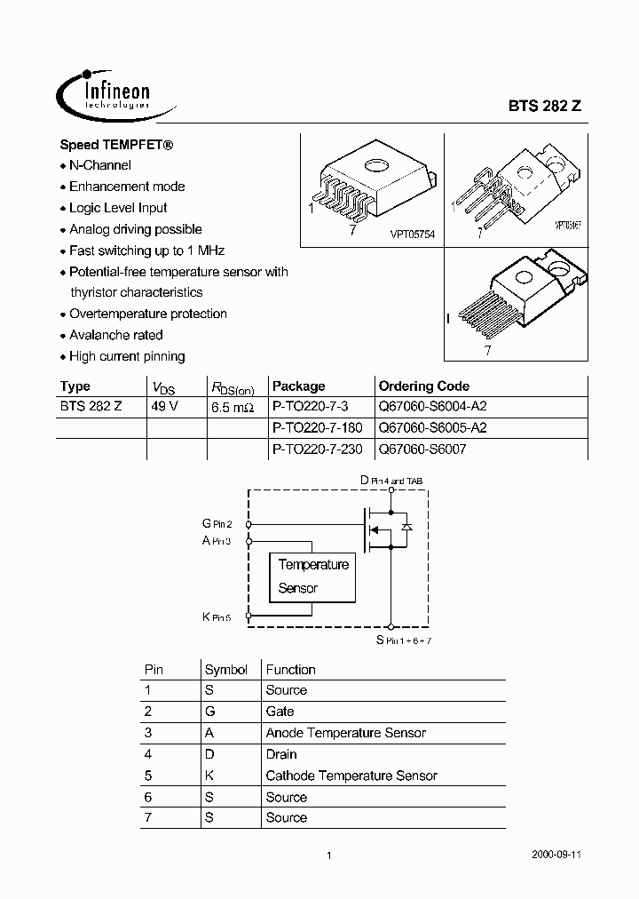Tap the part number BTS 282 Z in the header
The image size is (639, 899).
coord(544,104)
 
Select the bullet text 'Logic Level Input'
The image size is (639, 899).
coord(118,208)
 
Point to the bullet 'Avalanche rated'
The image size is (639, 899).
coord(116,335)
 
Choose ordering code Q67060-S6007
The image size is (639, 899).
coord(422,449)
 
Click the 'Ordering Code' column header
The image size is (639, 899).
coord(423,386)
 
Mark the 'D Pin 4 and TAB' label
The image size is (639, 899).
coord(390,480)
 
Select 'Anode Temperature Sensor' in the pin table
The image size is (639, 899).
coord(345,733)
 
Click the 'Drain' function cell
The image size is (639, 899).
coord(281,754)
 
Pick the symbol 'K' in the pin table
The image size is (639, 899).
coord(209,776)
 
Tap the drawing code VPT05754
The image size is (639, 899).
coord(412,234)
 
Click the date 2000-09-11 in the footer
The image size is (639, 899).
coord(556,855)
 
